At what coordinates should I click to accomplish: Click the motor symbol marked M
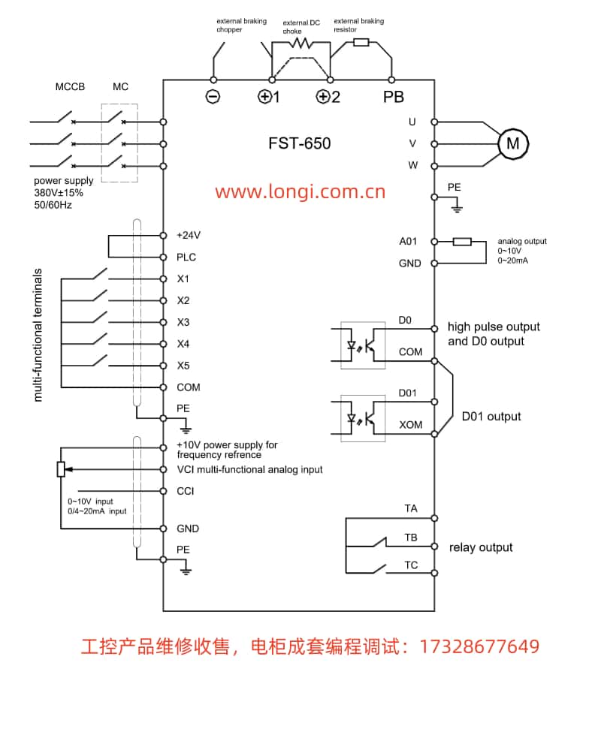[x=513, y=143]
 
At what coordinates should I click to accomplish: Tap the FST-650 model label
[x=299, y=143]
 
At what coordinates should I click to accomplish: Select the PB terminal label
[x=393, y=97]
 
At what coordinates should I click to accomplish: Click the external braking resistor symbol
[x=361, y=42]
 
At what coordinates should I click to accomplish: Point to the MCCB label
[x=70, y=86]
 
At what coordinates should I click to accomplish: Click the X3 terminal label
[x=183, y=322]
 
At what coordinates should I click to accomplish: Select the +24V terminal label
[x=189, y=235]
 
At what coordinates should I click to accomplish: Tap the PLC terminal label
[x=186, y=258]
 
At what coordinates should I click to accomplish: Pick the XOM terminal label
[x=410, y=425]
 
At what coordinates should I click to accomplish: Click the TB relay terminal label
[x=410, y=538]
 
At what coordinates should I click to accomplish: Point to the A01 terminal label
[x=408, y=242]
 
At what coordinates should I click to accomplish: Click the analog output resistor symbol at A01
[x=462, y=242]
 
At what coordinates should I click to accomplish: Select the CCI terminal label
[x=186, y=492]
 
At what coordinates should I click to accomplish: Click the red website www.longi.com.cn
[x=300, y=191]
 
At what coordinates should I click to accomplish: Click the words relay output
[x=481, y=547]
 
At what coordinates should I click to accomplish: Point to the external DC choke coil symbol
[x=300, y=44]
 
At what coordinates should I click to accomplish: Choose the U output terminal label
[x=412, y=122]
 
